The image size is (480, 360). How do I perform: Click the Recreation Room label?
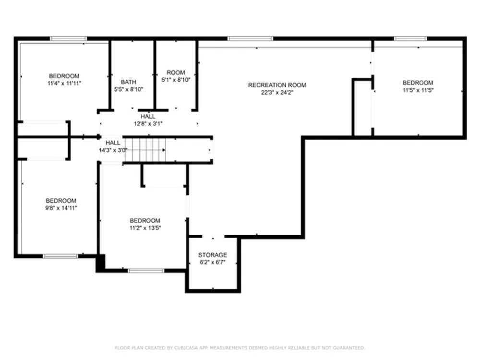tap(277, 85)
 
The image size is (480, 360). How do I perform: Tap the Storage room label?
tap(213, 255)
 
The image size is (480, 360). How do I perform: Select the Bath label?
tap(129, 82)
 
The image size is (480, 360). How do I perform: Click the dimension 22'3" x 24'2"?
tap(277, 93)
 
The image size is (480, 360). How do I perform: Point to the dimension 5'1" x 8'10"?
tap(176, 80)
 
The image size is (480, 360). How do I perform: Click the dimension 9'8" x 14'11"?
tap(61, 208)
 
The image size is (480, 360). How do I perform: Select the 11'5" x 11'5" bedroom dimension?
tap(418, 90)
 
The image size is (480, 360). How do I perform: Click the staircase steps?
tap(145, 150)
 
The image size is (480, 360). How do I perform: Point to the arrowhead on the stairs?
tap(164, 150)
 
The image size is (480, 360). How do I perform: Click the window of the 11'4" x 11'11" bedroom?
tap(69, 38)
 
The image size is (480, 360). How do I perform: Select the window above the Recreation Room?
tap(250, 38)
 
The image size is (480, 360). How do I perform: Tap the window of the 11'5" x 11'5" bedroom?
tap(410, 38)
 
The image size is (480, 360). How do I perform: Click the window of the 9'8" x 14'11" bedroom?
tap(60, 256)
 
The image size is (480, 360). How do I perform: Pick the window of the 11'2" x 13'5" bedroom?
tap(146, 271)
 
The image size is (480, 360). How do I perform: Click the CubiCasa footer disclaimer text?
tap(240, 348)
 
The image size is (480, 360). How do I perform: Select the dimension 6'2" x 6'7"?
tap(213, 263)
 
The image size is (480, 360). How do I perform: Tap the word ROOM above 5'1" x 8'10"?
tap(176, 72)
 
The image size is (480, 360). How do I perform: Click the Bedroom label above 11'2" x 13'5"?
tap(145, 221)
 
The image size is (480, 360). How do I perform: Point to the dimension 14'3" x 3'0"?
tap(113, 150)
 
